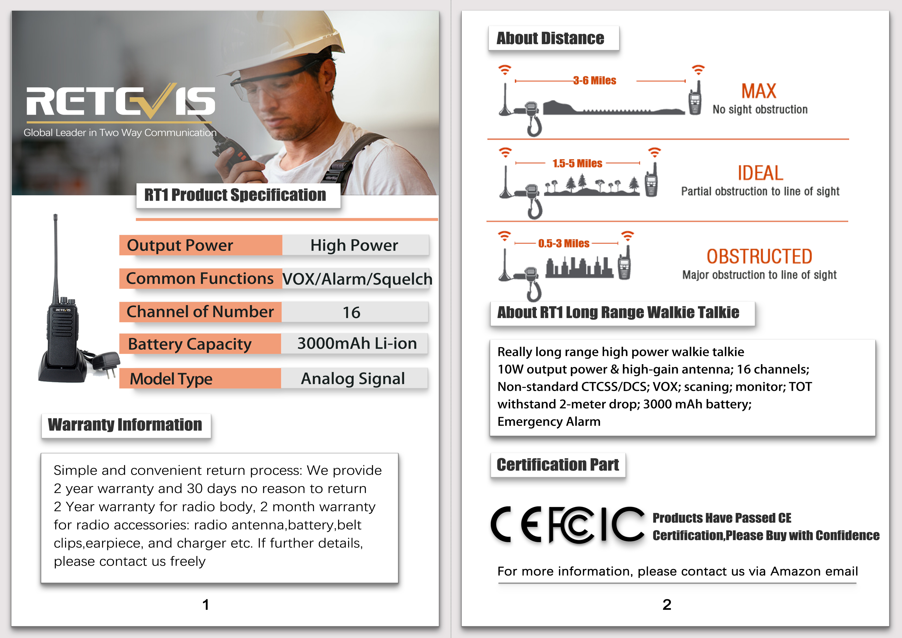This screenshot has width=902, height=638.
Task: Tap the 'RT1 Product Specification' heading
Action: (235, 195)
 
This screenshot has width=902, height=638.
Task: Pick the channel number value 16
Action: (351, 312)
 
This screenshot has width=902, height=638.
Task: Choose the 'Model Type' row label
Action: (171, 379)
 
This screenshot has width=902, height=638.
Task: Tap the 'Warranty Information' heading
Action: (125, 425)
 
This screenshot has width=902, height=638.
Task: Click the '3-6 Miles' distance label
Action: (594, 81)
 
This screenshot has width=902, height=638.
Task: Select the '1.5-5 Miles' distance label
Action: (577, 163)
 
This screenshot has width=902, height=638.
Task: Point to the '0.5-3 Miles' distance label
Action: (564, 244)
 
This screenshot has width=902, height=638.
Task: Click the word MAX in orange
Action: (759, 91)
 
